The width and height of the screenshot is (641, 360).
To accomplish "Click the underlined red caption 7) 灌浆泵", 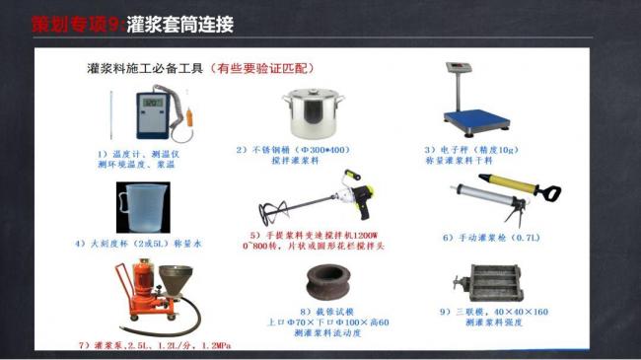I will pyautogui.click(x=148, y=346).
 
